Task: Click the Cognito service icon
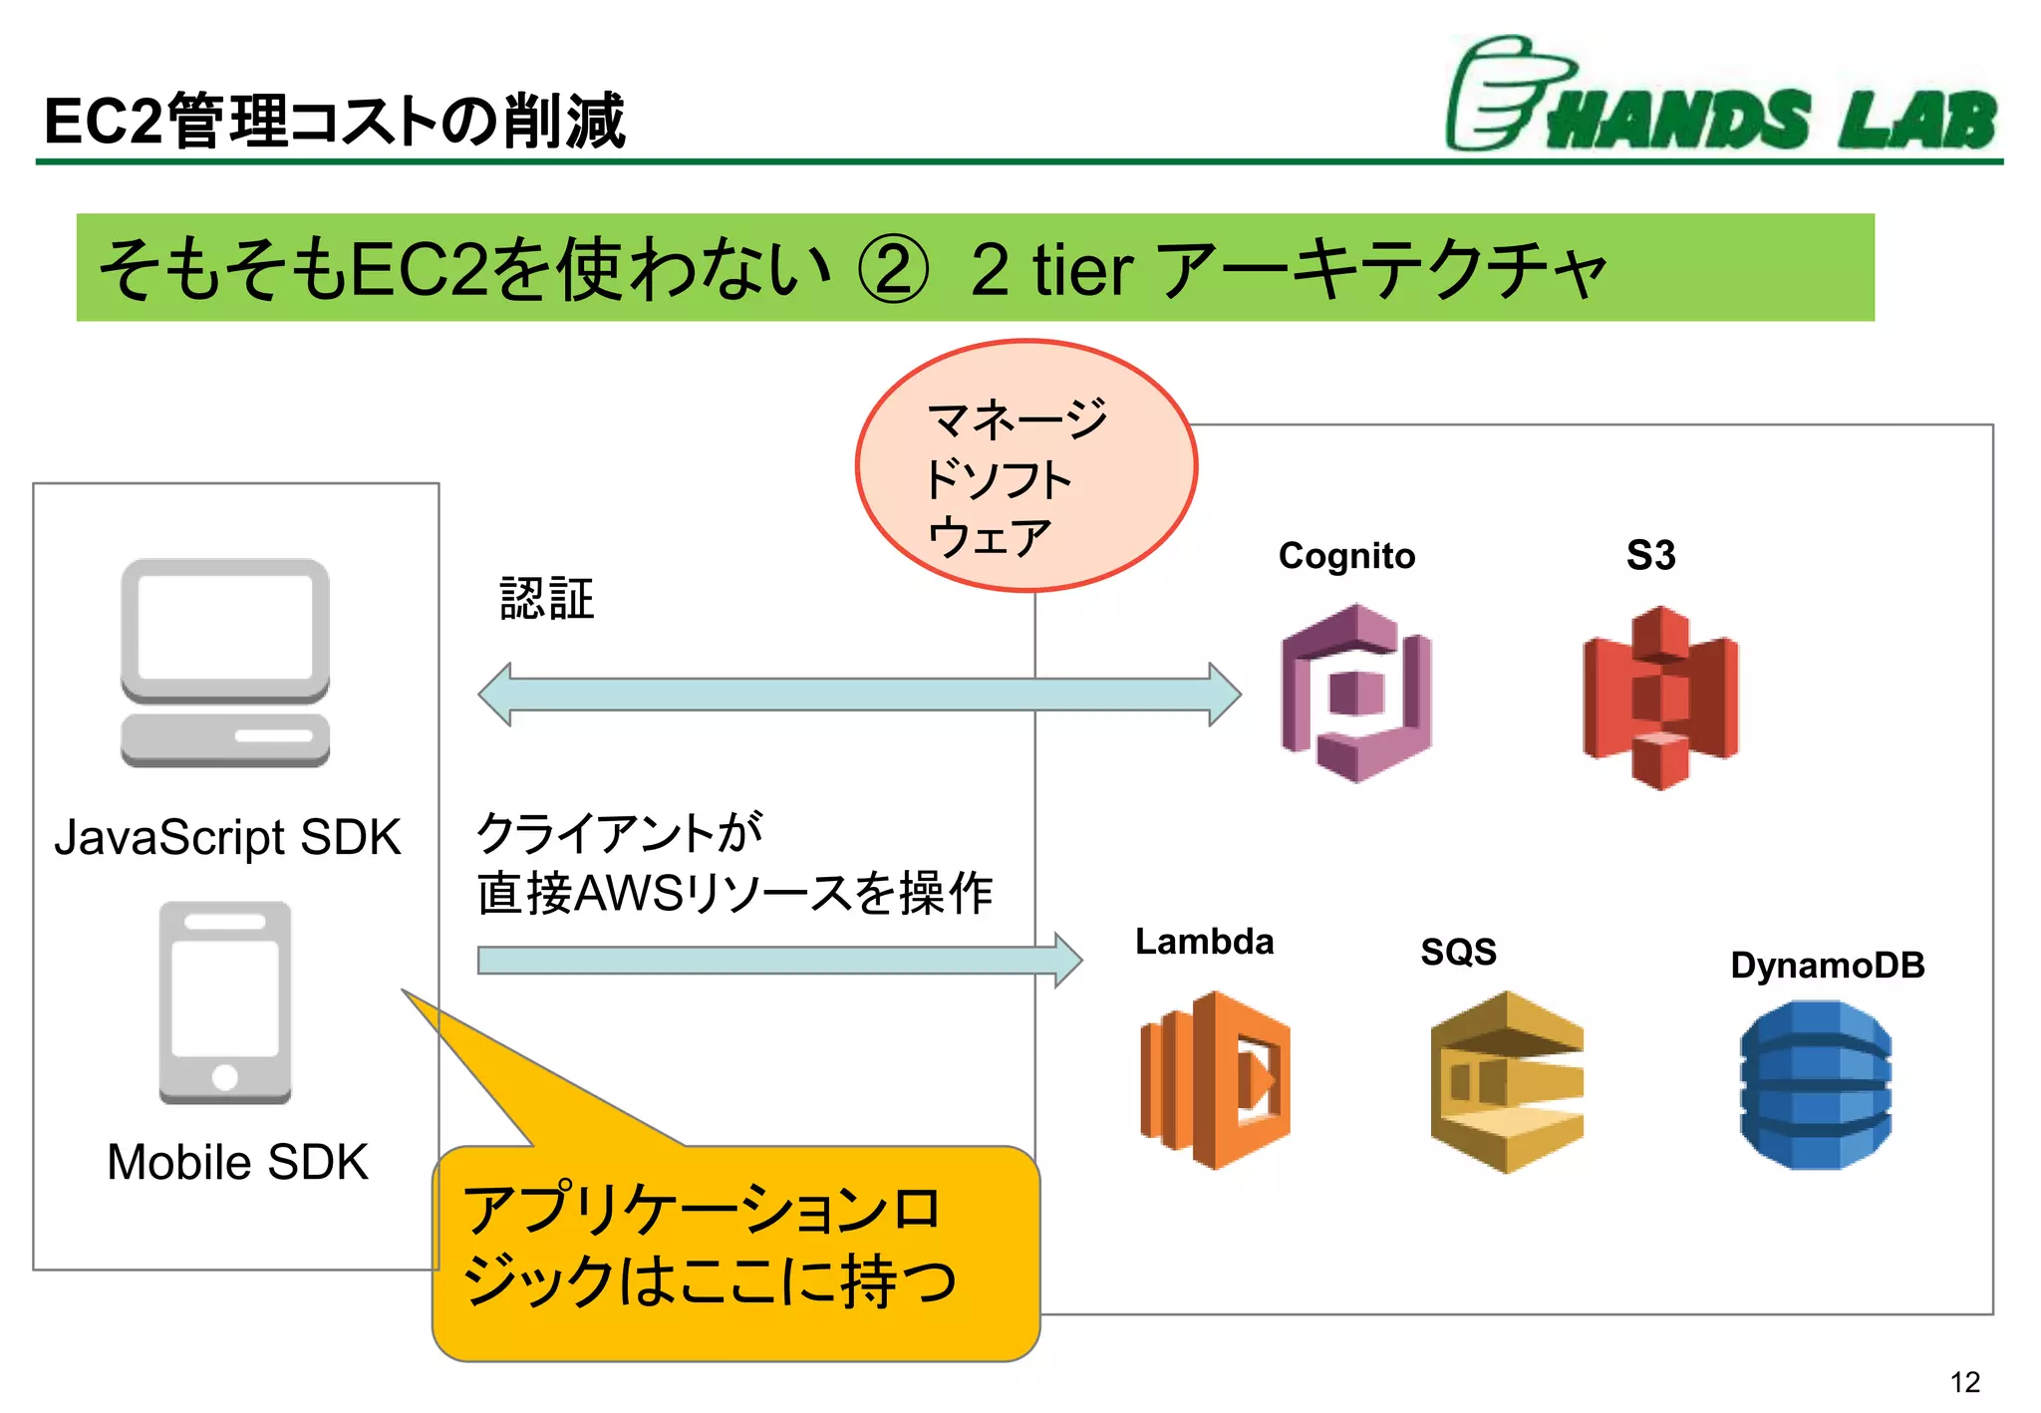pos(1355,694)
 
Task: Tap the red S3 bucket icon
pos(1660,698)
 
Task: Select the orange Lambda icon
pos(1215,1080)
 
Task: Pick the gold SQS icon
pos(1506,1082)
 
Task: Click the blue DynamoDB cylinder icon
pos(1815,1085)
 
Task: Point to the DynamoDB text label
pos(1827,965)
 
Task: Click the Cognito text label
pos(1346,556)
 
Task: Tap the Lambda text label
pos(1204,942)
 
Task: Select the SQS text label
pos(1458,952)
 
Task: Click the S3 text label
pos(1650,555)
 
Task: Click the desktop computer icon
pos(225,663)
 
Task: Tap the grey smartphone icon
pos(225,1002)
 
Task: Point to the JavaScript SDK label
pos(227,837)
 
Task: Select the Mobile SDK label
pos(237,1162)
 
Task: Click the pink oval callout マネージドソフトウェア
pos(1025,466)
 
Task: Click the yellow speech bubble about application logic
pos(735,1252)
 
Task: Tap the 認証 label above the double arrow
pos(546,599)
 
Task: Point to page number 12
pos(1964,1382)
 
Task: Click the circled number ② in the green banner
pos(893,269)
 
